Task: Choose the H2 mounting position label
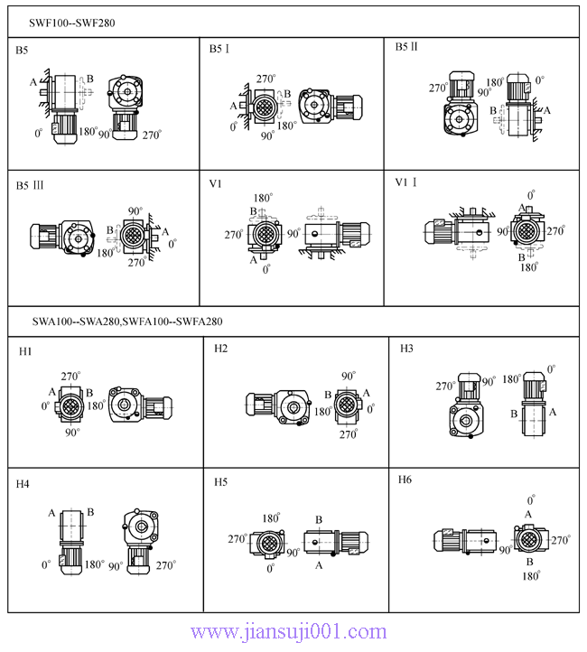pos(221,349)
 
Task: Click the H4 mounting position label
pos(23,484)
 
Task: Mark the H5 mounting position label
pos(221,482)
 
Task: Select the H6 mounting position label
pos(405,480)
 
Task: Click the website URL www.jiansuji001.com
pos(289,632)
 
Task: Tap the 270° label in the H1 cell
pos(71,376)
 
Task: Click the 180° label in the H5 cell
pos(270,518)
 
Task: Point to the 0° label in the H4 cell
pos(46,565)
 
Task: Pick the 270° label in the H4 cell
pos(165,565)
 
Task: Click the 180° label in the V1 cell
pos(263,198)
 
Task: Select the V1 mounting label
pos(216,184)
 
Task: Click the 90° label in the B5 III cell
pos(135,210)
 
